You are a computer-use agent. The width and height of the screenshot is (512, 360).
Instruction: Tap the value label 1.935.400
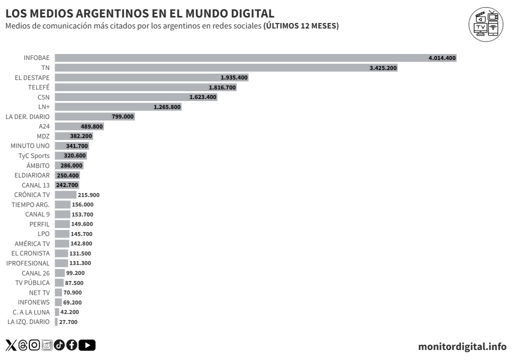point(233,77)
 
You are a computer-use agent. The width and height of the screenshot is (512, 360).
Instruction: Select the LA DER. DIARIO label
point(27,116)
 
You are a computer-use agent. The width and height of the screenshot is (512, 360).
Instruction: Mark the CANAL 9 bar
point(62,214)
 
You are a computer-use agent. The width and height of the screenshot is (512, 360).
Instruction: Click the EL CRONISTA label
point(30,253)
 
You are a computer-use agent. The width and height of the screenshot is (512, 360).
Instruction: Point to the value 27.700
point(68,322)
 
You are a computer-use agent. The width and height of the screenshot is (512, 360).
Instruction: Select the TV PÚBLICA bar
point(59,282)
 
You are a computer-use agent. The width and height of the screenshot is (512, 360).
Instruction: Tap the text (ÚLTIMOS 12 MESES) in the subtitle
point(301,25)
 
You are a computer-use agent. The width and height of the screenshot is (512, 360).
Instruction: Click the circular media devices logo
point(486,24)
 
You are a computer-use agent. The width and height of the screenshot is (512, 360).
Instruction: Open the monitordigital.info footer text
point(462,346)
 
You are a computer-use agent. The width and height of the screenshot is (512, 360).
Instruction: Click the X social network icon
point(10,344)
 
